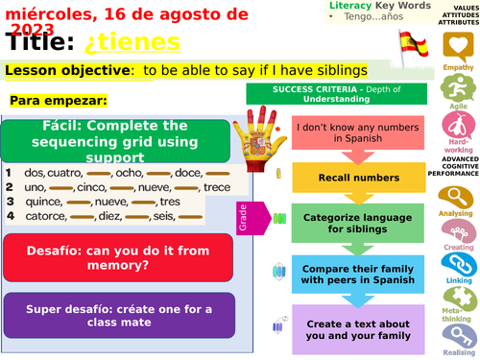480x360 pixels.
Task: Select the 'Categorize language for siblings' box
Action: (345, 223)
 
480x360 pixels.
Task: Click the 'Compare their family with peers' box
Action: (345, 273)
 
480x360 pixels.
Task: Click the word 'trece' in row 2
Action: (217, 187)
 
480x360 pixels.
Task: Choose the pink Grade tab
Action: (242, 218)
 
